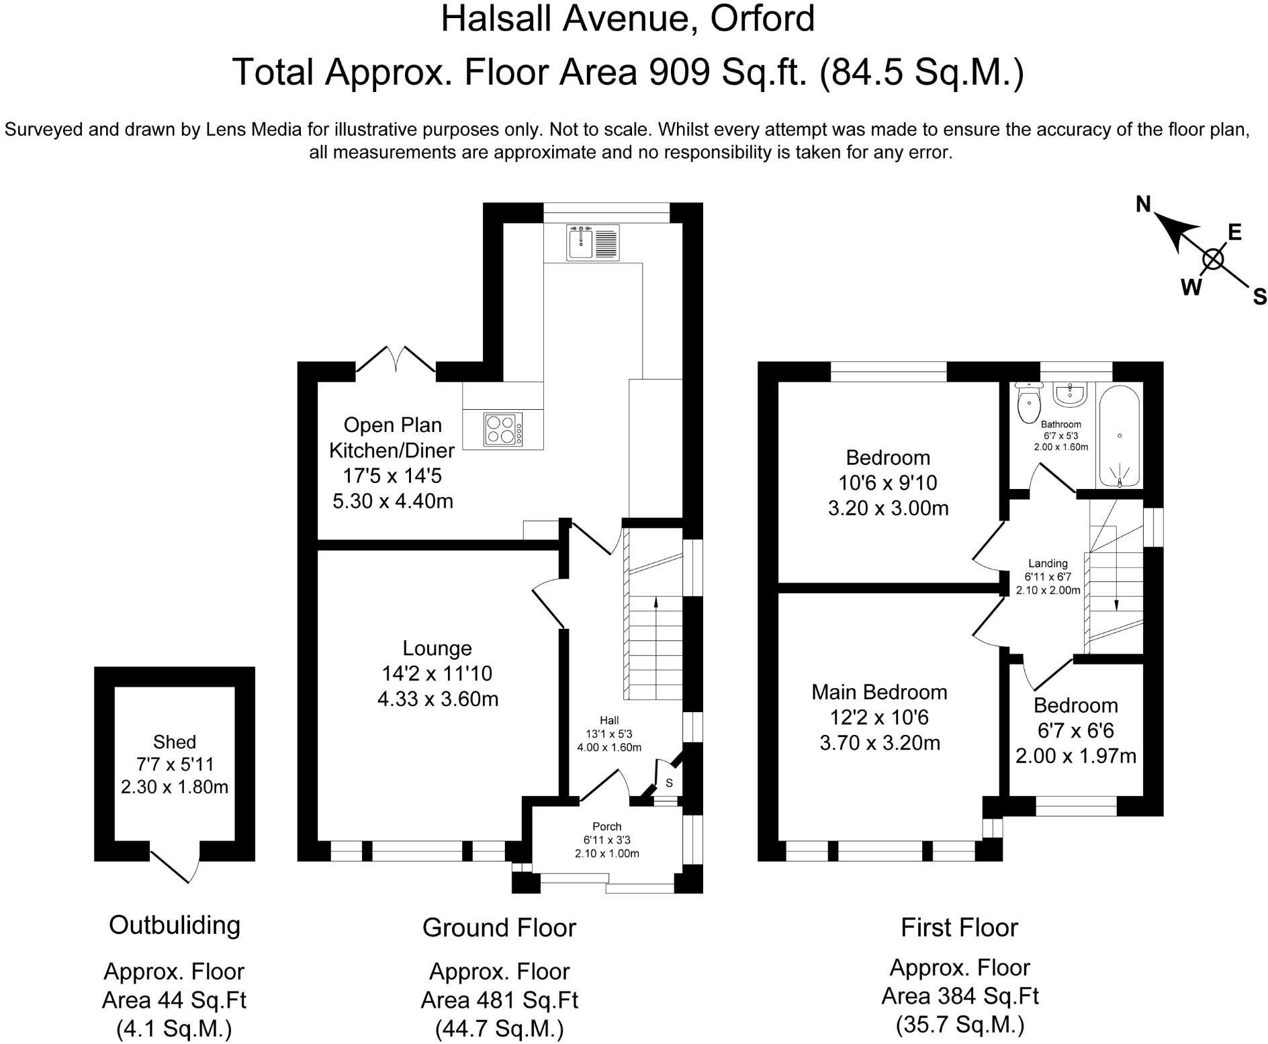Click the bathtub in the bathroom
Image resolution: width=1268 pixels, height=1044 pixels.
point(1119,439)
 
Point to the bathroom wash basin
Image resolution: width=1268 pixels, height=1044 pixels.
point(1069,394)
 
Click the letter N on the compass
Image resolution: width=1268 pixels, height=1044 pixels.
point(1143,204)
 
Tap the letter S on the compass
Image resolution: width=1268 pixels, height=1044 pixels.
point(1259,296)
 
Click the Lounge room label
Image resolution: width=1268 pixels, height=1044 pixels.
point(437,648)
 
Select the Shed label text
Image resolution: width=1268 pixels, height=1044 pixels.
point(175,742)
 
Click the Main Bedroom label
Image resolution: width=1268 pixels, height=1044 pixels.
point(879,692)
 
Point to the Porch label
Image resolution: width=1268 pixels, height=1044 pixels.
point(606,826)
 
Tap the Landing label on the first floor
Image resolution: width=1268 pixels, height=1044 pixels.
point(1048,564)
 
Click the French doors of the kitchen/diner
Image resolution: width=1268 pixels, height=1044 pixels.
point(396,359)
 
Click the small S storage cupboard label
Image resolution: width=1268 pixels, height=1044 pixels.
point(669,783)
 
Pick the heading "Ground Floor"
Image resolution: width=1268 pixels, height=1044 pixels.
point(499,928)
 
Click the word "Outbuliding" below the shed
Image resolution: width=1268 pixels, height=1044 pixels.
point(175,925)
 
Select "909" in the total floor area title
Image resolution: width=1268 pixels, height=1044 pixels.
point(678,72)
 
